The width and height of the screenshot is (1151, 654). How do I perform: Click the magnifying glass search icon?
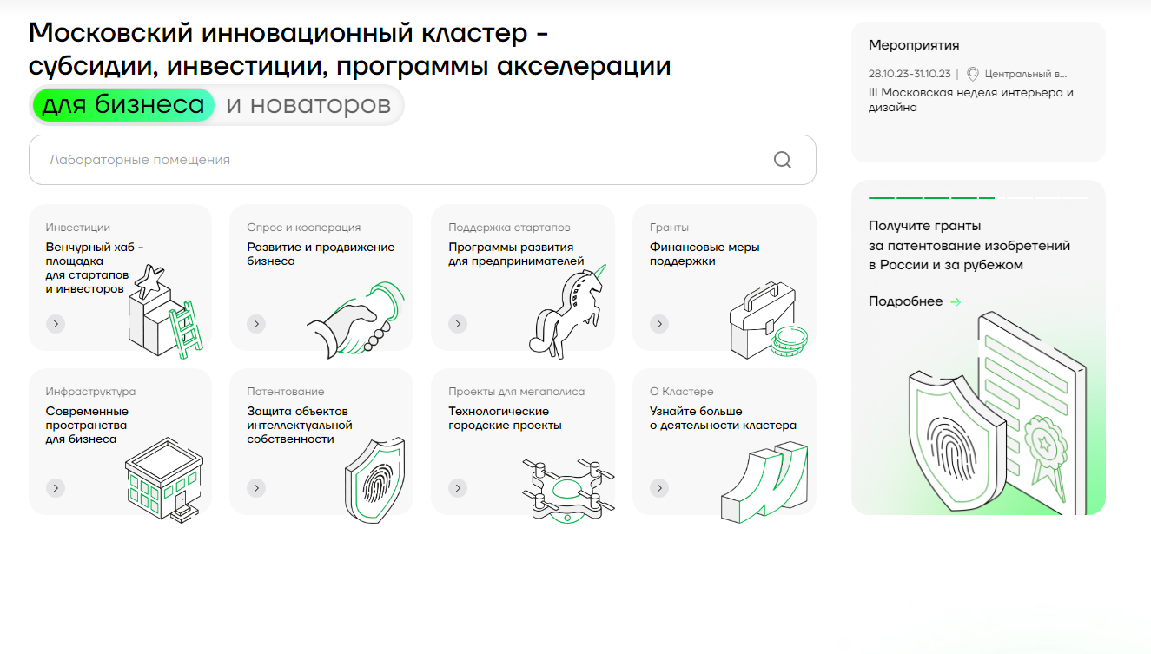tap(782, 160)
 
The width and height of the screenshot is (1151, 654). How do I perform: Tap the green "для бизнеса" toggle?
tap(123, 105)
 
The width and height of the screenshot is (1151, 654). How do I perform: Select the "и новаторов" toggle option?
tap(308, 105)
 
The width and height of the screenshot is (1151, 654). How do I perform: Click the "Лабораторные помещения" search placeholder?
tap(140, 160)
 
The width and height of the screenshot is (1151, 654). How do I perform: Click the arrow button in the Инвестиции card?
tap(56, 324)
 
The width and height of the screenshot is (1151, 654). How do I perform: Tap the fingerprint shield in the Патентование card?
tap(374, 482)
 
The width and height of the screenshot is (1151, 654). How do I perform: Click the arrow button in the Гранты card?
tap(659, 324)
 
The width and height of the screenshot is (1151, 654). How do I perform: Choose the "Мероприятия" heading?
tap(914, 45)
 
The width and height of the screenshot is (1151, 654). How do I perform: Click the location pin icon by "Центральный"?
tap(972, 74)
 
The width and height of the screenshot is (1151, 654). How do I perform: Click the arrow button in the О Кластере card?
tap(659, 488)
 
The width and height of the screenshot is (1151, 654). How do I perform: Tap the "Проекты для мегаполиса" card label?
tap(516, 392)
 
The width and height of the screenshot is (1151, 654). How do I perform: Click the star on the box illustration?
tap(149, 280)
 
